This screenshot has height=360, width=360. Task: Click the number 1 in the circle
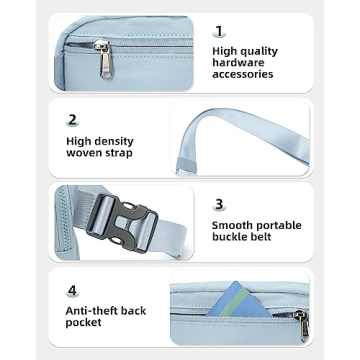pyautogui.click(x=219, y=31)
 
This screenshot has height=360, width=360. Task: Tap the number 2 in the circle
pyautogui.click(x=71, y=119)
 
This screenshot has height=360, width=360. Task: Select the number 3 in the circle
pyautogui.click(x=219, y=203)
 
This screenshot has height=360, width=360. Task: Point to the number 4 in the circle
pyautogui.click(x=71, y=290)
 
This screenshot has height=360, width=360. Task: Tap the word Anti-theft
pyautogui.click(x=95, y=310)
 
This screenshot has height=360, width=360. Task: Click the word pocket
pyautogui.click(x=84, y=324)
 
